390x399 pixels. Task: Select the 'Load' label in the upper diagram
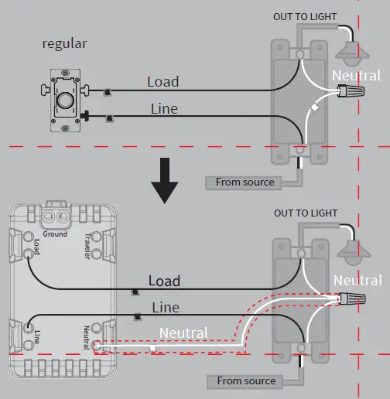point(162,81)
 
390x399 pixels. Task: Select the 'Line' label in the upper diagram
point(162,108)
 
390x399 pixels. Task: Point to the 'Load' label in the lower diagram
point(164,281)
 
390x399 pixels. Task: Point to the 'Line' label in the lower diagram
point(164,307)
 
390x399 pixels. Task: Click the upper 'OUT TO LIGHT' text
point(305,16)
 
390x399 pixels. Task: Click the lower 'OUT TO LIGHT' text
point(305,213)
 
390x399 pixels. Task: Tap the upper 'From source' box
point(245,182)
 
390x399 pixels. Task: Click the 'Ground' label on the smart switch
point(55,234)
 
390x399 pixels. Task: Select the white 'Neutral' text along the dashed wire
point(183,333)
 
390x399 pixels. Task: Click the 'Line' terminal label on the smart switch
point(36,336)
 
